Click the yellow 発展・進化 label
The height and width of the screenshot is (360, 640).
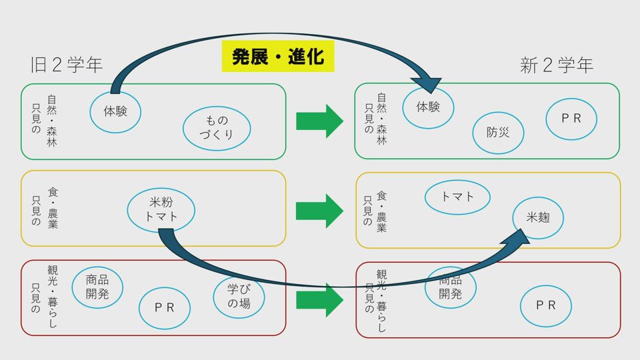click(x=277, y=57)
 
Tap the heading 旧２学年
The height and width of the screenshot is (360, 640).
click(x=67, y=65)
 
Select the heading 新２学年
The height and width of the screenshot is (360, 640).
click(x=557, y=65)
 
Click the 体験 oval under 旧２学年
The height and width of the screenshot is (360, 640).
click(x=115, y=111)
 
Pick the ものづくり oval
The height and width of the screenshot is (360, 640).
click(x=217, y=128)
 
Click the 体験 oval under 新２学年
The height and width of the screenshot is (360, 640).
click(x=428, y=107)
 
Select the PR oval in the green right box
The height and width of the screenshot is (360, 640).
click(x=571, y=119)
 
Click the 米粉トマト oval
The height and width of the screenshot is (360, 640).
click(x=161, y=209)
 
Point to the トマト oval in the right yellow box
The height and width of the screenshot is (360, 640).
click(x=457, y=197)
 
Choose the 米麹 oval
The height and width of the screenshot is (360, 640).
click(x=538, y=217)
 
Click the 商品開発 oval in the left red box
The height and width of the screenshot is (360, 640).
click(x=97, y=287)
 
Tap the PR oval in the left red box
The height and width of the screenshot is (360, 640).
click(x=164, y=308)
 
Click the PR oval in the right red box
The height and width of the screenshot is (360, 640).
click(x=546, y=305)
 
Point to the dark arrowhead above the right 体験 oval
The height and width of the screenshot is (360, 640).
click(x=427, y=83)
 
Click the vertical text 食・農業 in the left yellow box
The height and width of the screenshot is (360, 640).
click(x=53, y=209)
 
